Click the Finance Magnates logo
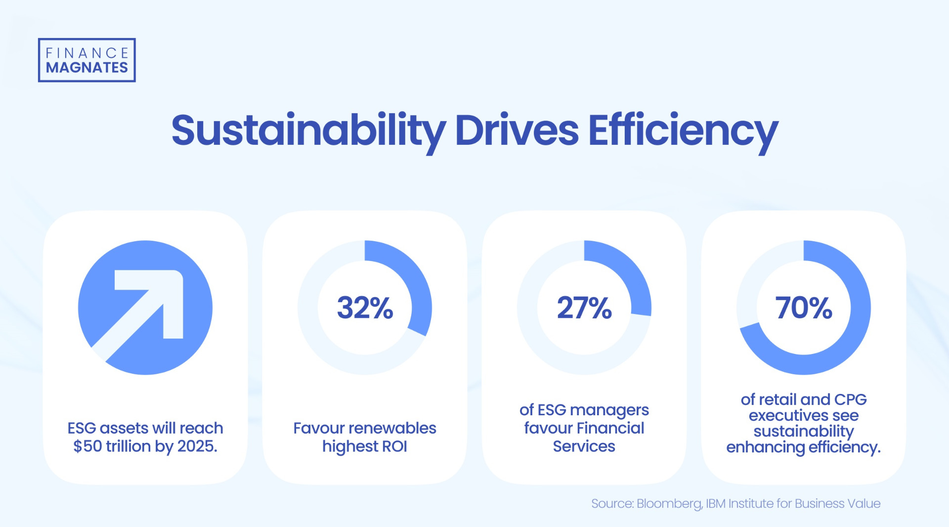click(86, 60)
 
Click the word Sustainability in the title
click(308, 131)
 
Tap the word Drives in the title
click(517, 131)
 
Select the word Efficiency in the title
click(683, 131)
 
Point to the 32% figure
click(365, 307)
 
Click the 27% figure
click(584, 307)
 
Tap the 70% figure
click(804, 307)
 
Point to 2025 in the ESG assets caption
click(197, 446)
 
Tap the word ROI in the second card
click(394, 446)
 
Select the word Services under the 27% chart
click(584, 446)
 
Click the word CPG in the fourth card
click(850, 399)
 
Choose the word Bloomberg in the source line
click(669, 504)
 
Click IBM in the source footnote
click(716, 504)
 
